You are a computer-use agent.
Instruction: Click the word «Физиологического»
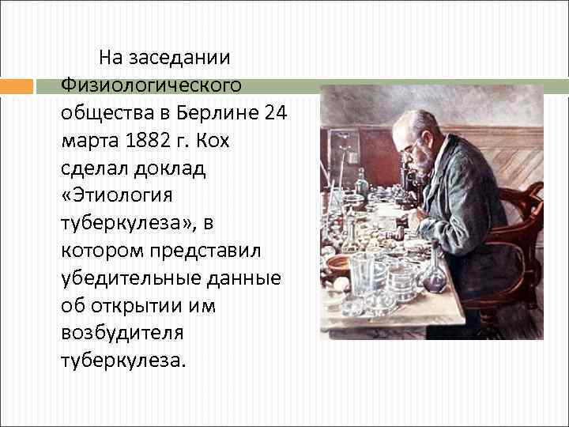150,85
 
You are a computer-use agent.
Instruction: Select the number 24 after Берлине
275,113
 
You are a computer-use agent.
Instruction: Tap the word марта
86,141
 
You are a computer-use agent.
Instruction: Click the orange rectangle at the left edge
17,86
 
